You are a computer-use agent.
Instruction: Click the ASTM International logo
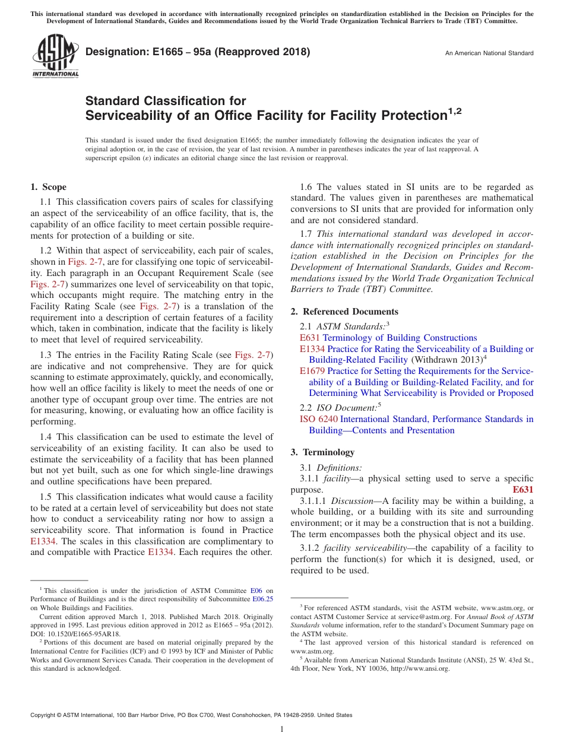pyautogui.click(x=55, y=56)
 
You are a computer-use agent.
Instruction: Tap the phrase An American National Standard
pyautogui.click(x=489, y=53)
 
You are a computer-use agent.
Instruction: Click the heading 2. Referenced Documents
pyautogui.click(x=344, y=312)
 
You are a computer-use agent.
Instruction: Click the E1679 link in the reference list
pyautogui.click(x=312, y=371)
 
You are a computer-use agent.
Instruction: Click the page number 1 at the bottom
pyautogui.click(x=282, y=729)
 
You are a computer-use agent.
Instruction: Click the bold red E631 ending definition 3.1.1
pyautogui.click(x=522, y=490)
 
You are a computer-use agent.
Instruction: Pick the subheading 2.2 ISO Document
pyautogui.click(x=340, y=407)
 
